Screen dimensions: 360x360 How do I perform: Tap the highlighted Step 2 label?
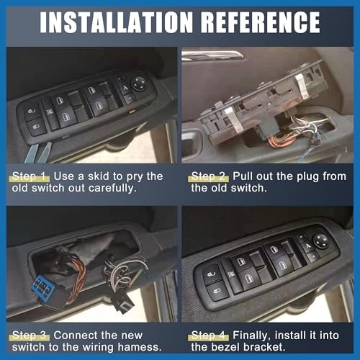click(x=210, y=176)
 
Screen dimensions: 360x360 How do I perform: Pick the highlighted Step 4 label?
click(x=210, y=335)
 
